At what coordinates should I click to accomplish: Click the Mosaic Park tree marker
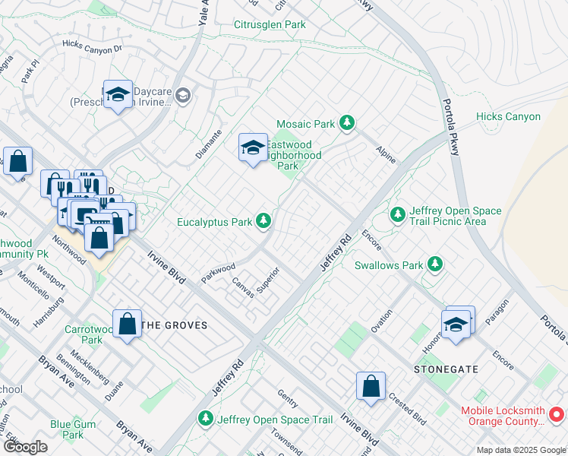(x=347, y=122)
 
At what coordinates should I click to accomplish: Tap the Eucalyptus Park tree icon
(x=263, y=221)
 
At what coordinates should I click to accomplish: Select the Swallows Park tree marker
(x=435, y=264)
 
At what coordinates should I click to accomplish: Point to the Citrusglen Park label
(x=269, y=25)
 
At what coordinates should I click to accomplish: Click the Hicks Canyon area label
(x=508, y=117)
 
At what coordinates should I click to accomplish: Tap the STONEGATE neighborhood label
(x=446, y=369)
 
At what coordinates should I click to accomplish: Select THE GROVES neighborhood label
(x=175, y=325)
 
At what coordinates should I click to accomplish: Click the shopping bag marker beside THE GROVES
(x=127, y=323)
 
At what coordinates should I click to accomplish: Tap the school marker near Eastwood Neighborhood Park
(x=253, y=147)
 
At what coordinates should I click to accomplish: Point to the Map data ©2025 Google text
(x=520, y=450)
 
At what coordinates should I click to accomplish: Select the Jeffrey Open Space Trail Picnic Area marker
(x=398, y=215)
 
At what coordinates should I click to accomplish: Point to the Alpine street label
(x=386, y=153)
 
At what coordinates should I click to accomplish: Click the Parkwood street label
(x=218, y=273)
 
